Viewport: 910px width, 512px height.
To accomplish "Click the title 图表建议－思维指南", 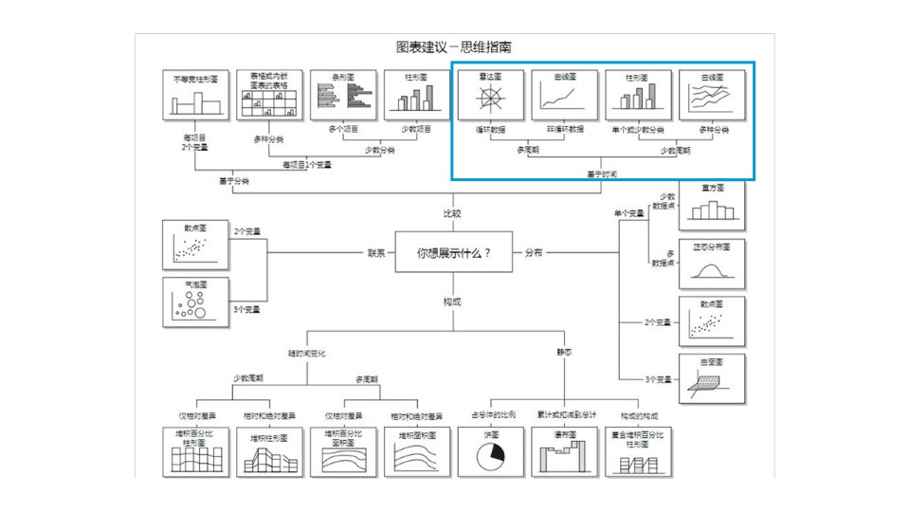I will point(454,46).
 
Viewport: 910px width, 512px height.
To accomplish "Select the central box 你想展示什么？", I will point(454,253).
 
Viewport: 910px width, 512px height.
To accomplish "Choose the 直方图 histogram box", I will point(712,205).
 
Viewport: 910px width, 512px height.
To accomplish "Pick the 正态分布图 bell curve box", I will point(712,265).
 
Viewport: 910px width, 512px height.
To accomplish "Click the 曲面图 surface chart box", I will point(712,379).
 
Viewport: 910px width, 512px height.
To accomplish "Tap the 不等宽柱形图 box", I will point(195,95).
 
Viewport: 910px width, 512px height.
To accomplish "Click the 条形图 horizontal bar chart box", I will point(343,95).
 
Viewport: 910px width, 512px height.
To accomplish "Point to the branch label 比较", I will point(453,214).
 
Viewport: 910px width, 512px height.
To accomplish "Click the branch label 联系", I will point(377,253).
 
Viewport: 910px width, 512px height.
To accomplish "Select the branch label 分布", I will point(534,253).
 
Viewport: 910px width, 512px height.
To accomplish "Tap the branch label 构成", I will point(453,302).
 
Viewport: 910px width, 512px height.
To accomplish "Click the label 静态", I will point(565,353).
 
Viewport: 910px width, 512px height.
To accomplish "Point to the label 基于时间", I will point(602,174).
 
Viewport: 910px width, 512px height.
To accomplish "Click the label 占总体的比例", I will point(494,415).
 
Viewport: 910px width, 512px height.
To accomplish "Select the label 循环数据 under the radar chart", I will point(491,129).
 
